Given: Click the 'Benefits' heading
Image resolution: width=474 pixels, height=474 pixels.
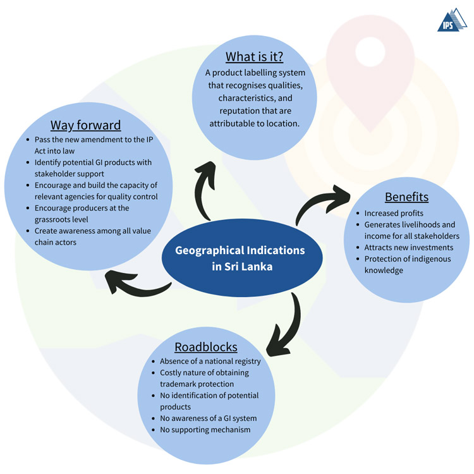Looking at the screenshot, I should pos(406,197).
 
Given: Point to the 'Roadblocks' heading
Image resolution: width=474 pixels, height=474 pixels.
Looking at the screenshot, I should pos(206,347).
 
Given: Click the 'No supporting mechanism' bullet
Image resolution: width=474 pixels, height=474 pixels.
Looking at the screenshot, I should pos(205,430).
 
